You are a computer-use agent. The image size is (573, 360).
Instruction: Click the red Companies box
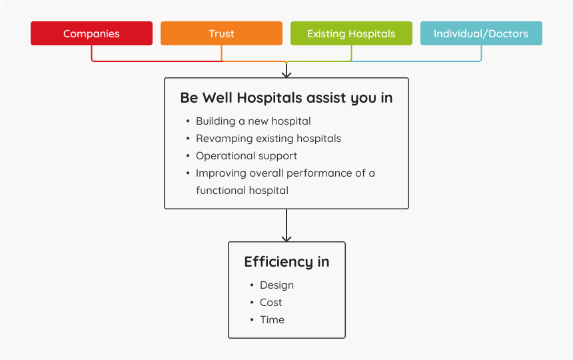(x=91, y=33)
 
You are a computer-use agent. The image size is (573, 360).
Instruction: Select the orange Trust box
(x=221, y=33)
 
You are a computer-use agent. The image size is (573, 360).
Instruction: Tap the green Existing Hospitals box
(x=351, y=33)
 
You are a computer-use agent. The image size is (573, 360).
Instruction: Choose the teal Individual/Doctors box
(x=481, y=33)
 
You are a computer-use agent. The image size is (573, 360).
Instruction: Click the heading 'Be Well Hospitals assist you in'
(x=286, y=98)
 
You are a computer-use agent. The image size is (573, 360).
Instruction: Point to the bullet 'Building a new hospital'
(x=253, y=121)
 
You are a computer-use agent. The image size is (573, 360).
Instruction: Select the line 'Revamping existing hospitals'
(x=269, y=139)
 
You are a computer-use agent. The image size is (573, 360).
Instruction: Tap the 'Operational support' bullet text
(x=247, y=156)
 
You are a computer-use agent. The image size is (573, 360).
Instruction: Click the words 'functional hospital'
(x=242, y=191)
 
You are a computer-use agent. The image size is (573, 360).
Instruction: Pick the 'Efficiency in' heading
(x=287, y=262)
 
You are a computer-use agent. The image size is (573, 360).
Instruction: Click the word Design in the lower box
(x=277, y=285)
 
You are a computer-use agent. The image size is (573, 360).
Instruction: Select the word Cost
(x=271, y=302)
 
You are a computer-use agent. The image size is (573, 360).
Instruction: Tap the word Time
(x=272, y=320)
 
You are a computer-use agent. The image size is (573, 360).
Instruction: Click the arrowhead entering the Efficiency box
(x=286, y=239)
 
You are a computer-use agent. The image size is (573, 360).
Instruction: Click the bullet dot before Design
(x=252, y=285)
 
